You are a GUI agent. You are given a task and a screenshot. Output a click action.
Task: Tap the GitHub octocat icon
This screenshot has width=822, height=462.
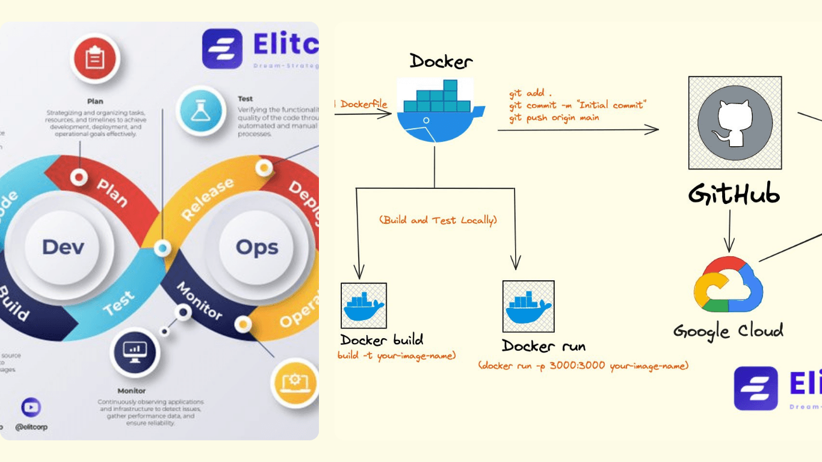pyautogui.click(x=735, y=123)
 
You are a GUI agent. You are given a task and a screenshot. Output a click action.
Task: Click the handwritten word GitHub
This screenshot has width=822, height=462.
pyautogui.click(x=734, y=194)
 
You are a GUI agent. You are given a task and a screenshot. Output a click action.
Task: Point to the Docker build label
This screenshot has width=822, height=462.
pyautogui.click(x=382, y=340)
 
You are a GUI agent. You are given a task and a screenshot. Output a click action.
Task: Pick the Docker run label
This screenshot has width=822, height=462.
pyautogui.click(x=543, y=346)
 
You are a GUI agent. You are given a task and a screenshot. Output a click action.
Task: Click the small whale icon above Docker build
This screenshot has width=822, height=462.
pyautogui.click(x=363, y=306)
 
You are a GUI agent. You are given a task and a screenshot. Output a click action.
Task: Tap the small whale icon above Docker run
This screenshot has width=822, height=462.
pyautogui.click(x=528, y=306)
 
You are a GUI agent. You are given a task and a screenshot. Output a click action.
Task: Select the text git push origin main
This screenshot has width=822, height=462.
pyautogui.click(x=554, y=118)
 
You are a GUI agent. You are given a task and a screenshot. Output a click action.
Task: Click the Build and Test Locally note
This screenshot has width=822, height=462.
pyautogui.click(x=438, y=220)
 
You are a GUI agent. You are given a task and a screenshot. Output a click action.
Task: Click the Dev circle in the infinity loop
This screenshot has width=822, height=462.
pyautogui.click(x=63, y=247)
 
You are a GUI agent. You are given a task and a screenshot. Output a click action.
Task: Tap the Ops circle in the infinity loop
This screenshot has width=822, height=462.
pyautogui.click(x=257, y=247)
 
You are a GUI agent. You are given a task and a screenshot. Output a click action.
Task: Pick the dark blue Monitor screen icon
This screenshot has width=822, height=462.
pyautogui.click(x=134, y=352)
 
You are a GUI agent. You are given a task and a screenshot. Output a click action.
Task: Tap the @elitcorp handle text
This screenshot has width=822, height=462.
pyautogui.click(x=31, y=427)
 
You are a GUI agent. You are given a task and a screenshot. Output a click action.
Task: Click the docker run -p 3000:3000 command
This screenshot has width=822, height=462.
pyautogui.click(x=583, y=366)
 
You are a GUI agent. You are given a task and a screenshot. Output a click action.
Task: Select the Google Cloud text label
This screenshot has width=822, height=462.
pyautogui.click(x=728, y=331)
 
